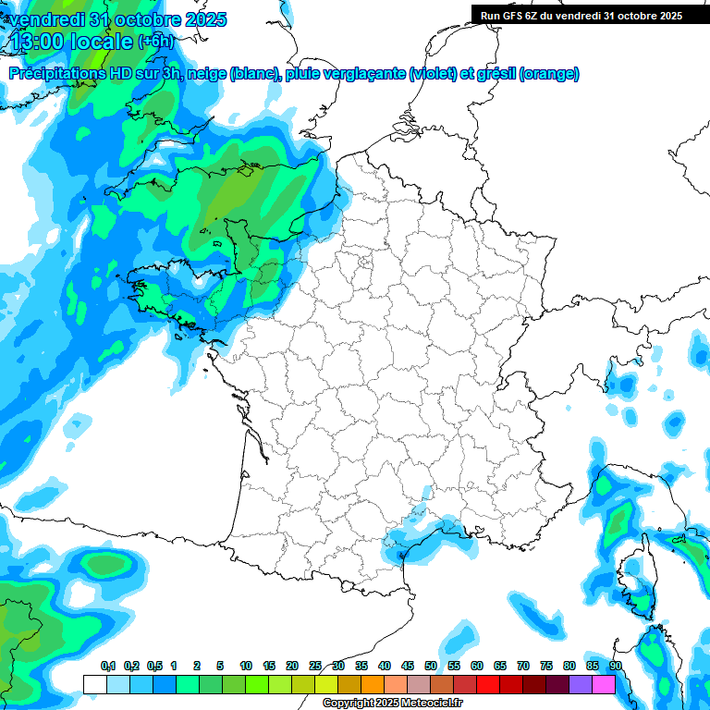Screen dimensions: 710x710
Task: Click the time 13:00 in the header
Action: tap(42, 41)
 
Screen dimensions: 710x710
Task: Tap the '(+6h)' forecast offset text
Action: tap(154, 41)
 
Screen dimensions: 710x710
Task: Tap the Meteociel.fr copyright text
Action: tap(393, 704)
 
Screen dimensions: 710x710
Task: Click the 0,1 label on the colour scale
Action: tap(107, 667)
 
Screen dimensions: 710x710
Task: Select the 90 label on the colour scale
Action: tap(616, 667)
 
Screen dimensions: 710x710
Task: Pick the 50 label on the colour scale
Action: tap(431, 667)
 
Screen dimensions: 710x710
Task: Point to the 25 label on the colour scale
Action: tap(315, 667)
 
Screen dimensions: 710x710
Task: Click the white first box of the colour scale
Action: tap(94, 684)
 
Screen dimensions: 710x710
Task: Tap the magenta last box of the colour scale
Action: tap(604, 684)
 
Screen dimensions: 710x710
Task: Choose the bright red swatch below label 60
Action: tap(488, 684)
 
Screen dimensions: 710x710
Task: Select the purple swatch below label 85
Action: tap(581, 684)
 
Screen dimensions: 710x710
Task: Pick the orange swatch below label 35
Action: tap(373, 684)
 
